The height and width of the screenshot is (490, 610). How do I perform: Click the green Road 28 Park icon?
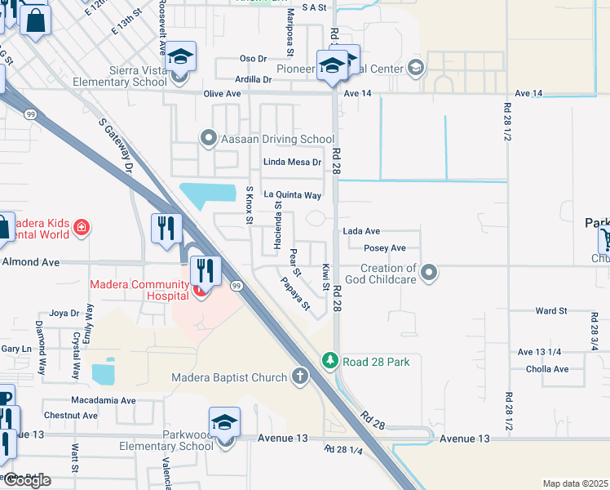tap(329, 360)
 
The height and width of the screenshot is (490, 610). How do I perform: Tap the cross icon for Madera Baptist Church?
tap(300, 376)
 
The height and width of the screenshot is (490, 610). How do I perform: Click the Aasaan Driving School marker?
tap(209, 139)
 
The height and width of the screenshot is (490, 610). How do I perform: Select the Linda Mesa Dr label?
tap(291, 163)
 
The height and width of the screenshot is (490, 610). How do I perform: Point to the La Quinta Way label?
tap(291, 195)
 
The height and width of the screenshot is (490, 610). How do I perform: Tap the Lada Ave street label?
tap(361, 232)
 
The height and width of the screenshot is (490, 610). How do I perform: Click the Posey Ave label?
tap(385, 248)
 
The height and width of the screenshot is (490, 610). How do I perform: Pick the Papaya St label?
tap(295, 294)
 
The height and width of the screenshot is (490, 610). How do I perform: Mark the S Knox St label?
tap(250, 204)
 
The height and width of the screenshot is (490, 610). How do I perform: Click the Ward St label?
tap(551, 311)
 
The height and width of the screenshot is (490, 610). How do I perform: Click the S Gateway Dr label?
tap(116, 145)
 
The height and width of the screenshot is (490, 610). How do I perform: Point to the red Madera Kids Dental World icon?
tap(81, 228)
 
